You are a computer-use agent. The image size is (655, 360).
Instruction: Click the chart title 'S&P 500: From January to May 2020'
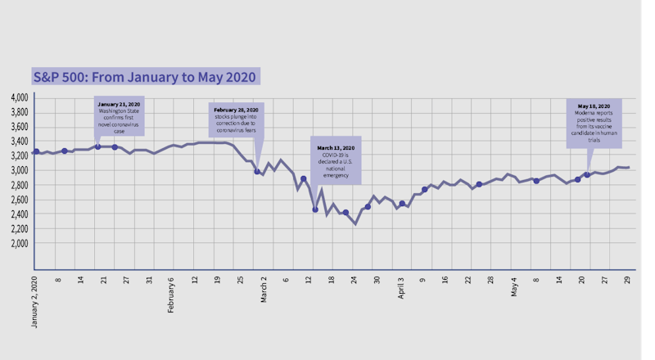[145, 77]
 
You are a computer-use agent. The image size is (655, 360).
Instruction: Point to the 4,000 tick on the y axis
[19, 97]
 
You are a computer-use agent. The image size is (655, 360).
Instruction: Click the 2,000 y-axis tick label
[19, 243]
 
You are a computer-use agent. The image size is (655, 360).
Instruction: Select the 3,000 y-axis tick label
[19, 170]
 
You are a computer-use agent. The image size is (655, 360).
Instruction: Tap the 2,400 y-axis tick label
[19, 214]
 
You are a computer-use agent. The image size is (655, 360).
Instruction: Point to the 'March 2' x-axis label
[264, 288]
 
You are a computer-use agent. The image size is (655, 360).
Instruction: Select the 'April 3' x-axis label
[401, 287]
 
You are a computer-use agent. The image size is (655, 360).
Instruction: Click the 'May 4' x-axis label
[514, 286]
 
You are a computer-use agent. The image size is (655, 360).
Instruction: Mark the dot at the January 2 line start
[36, 151]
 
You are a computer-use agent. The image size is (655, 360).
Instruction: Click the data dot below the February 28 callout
[257, 172]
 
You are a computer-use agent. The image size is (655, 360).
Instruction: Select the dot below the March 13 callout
[314, 209]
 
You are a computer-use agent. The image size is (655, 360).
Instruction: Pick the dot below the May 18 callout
[586, 175]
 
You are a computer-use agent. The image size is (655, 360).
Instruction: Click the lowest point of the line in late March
[355, 224]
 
